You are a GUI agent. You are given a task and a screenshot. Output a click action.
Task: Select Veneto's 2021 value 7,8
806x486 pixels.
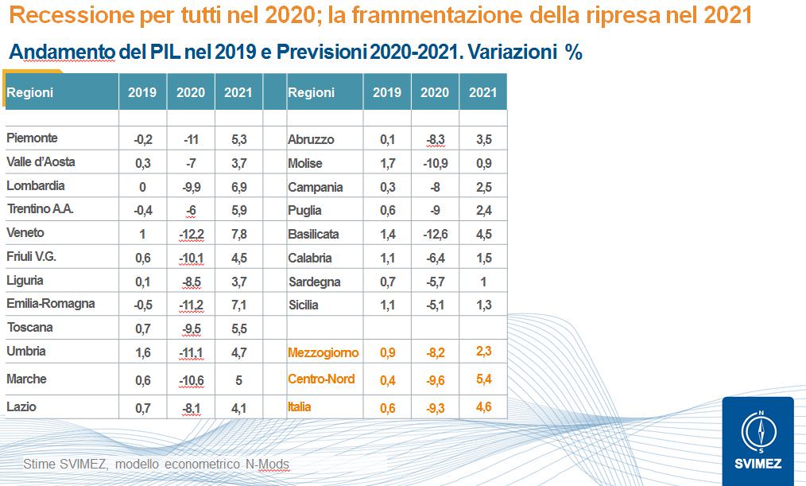(x=238, y=234)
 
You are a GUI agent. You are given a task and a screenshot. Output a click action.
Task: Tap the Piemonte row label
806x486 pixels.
(x=32, y=138)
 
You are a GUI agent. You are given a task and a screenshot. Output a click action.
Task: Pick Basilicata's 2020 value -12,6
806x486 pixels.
(x=435, y=234)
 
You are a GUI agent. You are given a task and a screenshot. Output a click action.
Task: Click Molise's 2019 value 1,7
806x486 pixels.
(x=387, y=163)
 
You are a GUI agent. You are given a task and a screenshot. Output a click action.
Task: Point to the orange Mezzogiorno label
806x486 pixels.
(x=323, y=352)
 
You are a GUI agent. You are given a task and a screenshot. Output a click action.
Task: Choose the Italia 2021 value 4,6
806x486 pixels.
(x=482, y=407)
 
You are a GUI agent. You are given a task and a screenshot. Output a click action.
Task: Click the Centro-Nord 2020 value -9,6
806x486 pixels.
(x=435, y=379)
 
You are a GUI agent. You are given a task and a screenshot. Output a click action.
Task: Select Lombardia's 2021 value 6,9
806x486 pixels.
(x=238, y=186)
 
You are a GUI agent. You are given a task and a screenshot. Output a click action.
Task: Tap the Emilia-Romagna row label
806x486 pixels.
(x=50, y=304)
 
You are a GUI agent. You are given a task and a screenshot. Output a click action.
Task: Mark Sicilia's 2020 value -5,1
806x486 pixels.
(x=435, y=305)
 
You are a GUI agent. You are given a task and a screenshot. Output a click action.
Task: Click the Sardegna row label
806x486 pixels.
(x=314, y=282)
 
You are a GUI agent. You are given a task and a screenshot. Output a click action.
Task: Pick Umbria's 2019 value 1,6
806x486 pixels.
(x=143, y=352)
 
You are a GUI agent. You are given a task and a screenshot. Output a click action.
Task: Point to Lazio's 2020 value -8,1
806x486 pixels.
(x=191, y=407)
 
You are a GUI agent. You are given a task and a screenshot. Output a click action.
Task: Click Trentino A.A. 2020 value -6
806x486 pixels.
(x=191, y=210)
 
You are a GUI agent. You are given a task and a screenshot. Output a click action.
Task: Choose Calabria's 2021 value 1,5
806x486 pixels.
(x=482, y=258)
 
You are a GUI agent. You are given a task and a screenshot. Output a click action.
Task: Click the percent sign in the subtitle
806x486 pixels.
(x=573, y=53)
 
